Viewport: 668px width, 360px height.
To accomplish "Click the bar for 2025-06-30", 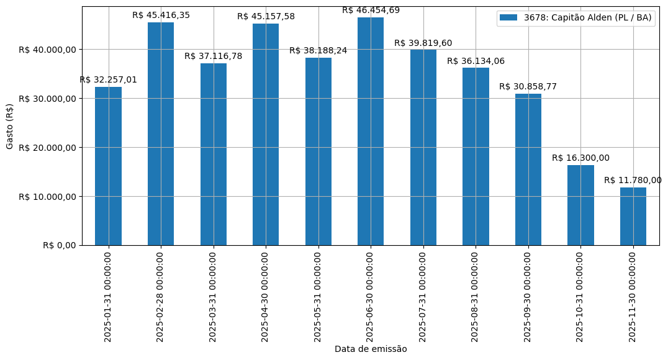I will (x=371, y=132).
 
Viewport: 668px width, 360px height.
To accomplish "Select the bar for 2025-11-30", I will (x=633, y=217).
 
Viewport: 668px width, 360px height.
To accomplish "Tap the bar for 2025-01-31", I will (x=108, y=166).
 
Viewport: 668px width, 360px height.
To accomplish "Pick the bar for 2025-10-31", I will (x=580, y=205).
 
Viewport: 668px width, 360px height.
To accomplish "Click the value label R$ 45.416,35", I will (x=161, y=15).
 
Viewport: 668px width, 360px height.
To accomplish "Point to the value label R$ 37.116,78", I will (x=214, y=56).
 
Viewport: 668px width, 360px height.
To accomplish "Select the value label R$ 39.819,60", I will (x=423, y=43).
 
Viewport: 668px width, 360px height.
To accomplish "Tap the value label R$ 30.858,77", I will (x=528, y=86).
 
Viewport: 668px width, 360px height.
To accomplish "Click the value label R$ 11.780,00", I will (x=633, y=180).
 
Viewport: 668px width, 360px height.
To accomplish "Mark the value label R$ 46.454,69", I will (x=371, y=10).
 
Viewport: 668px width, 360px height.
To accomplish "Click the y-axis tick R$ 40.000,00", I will (x=47, y=50).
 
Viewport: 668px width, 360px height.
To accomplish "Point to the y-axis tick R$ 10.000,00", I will (x=47, y=197).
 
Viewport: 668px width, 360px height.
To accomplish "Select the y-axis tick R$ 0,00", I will (x=59, y=246).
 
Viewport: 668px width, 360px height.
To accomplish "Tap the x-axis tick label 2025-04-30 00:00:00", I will (x=266, y=296).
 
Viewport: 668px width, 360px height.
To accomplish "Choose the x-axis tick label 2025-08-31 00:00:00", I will (x=476, y=296).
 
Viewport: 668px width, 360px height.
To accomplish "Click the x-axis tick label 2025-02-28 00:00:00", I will (x=161, y=296).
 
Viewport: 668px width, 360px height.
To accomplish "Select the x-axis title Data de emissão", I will (x=371, y=349).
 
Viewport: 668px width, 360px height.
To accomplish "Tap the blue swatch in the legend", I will (x=508, y=17).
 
